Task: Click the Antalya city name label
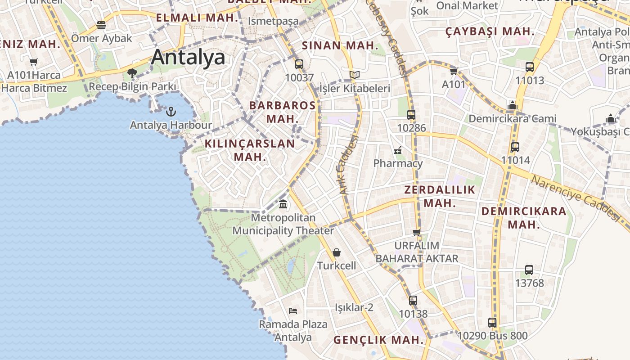pos(188,58)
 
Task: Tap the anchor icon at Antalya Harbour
pos(171,111)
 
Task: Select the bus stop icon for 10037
pos(299,64)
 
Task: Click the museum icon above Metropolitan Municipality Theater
pos(283,204)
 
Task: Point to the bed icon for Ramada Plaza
pos(293,310)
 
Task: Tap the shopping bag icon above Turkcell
pos(337,252)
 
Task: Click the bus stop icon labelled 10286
pos(411,115)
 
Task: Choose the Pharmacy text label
pos(398,163)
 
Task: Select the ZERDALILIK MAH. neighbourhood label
pos(440,196)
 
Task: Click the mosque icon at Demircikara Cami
pos(513,106)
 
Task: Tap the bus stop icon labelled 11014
pos(515,147)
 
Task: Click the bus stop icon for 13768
pos(529,270)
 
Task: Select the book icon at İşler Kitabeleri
pos(355,75)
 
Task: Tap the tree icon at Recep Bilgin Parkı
pos(132,73)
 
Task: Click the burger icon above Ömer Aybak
pos(101,25)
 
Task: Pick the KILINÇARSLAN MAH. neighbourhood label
pos(250,150)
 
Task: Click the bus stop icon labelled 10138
pos(413,300)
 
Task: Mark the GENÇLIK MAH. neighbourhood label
pos(378,340)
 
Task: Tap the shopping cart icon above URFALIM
pos(417,232)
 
